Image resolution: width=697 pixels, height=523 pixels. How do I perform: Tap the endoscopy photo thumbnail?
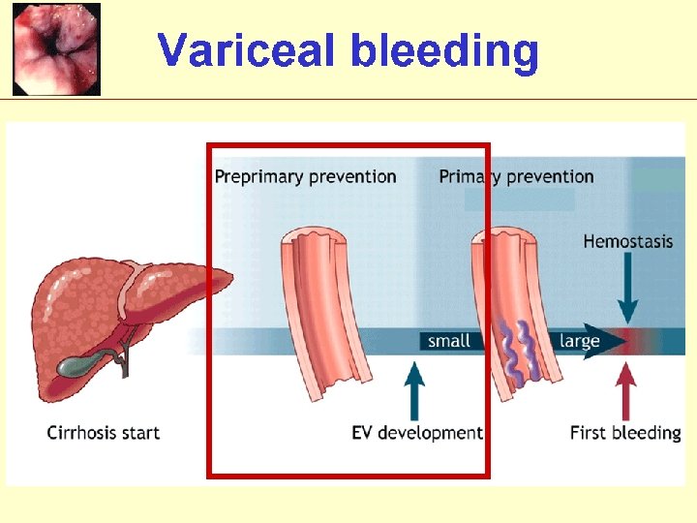pyautogui.click(x=56, y=48)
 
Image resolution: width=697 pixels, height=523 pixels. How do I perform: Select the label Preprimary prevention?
pyautogui.click(x=305, y=176)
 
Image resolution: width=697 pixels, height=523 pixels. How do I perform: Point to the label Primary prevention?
pyautogui.click(x=516, y=176)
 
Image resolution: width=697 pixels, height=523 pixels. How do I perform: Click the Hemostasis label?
pyautogui.click(x=627, y=241)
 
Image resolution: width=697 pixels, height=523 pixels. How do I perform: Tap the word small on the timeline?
pyautogui.click(x=449, y=341)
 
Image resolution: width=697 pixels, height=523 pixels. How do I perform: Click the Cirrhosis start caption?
pyautogui.click(x=103, y=433)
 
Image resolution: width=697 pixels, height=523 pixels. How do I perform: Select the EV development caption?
pyautogui.click(x=416, y=433)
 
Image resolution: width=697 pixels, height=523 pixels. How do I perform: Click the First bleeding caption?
pyautogui.click(x=625, y=433)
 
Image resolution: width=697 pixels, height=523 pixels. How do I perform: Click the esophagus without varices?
pyautogui.click(x=324, y=310)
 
